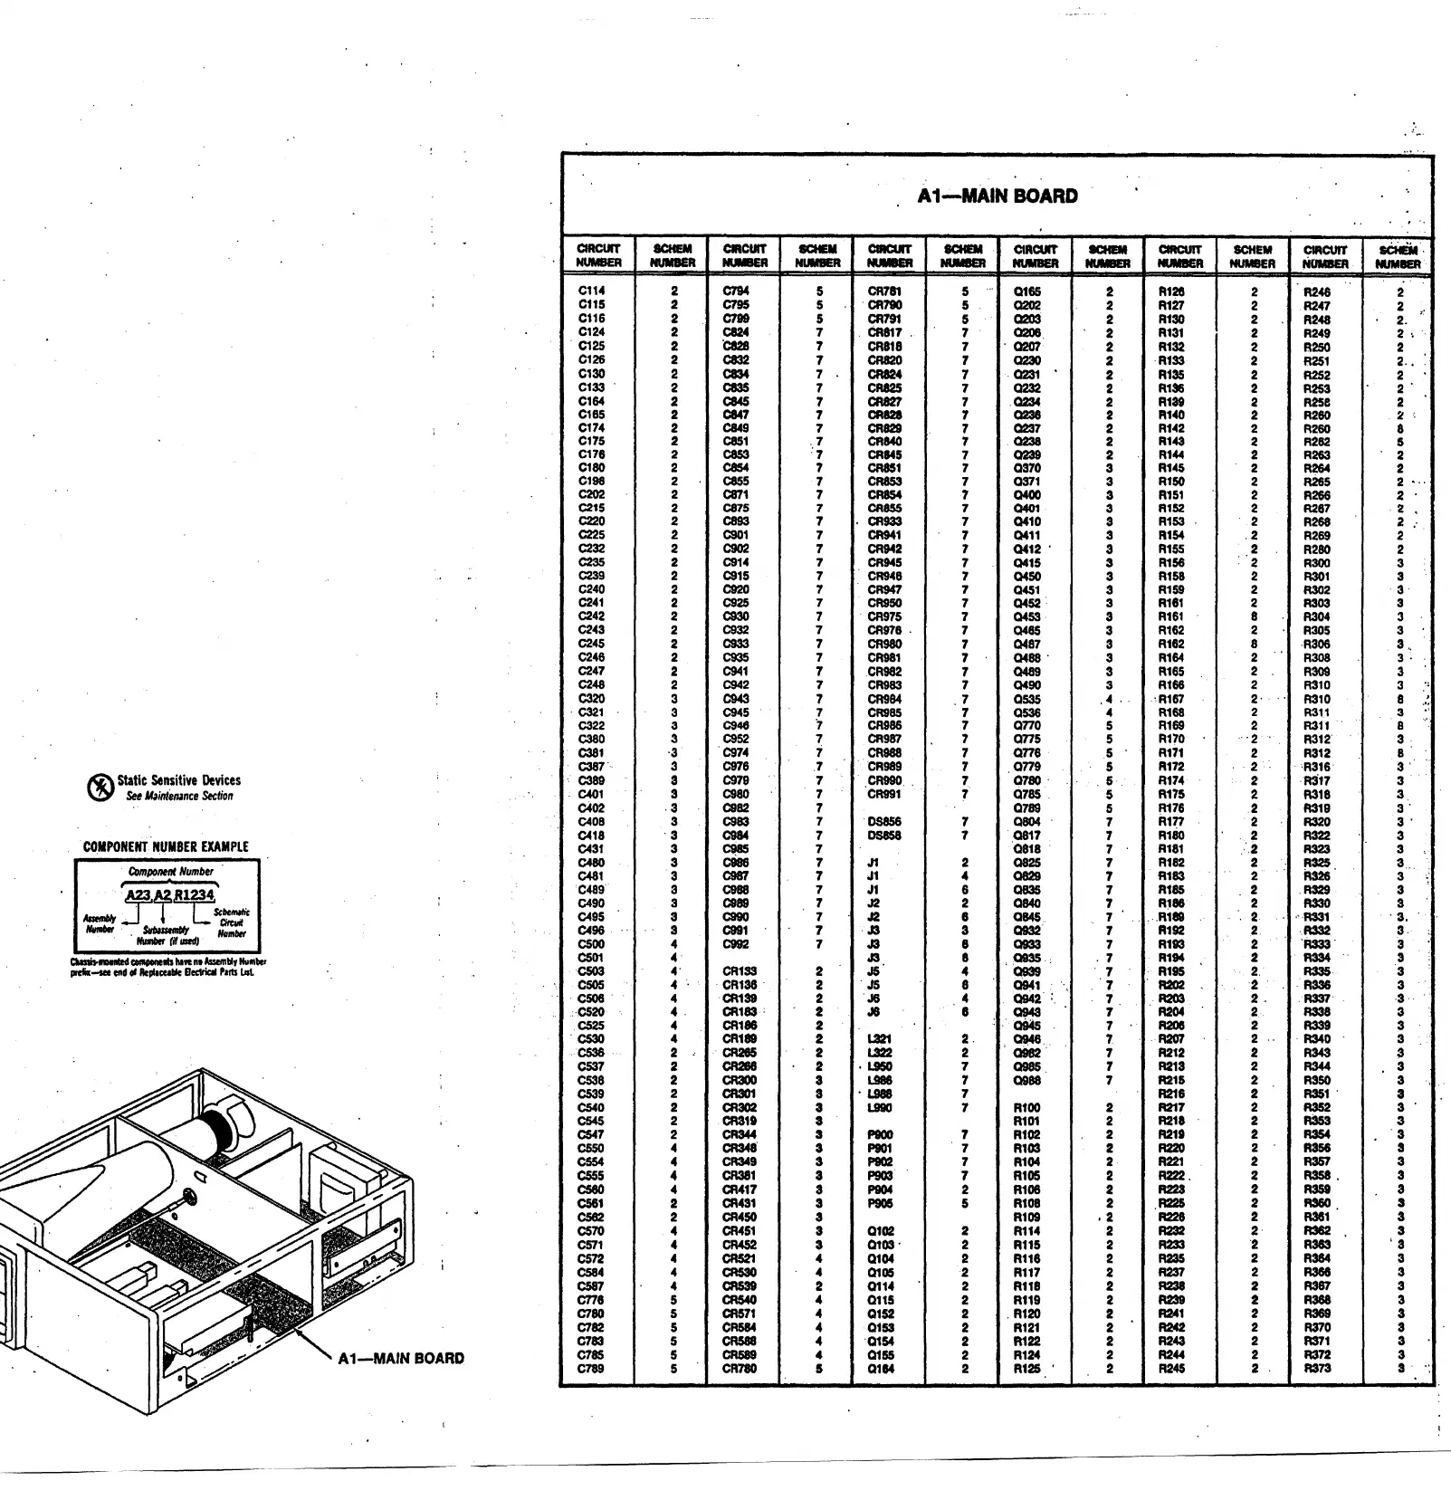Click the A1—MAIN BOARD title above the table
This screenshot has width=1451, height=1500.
tap(997, 196)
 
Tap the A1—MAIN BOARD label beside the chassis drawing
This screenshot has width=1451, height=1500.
tap(400, 1358)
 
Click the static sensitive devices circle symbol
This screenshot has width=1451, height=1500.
tap(100, 788)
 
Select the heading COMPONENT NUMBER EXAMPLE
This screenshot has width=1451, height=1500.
tap(166, 846)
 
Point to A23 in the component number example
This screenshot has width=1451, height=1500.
tap(138, 894)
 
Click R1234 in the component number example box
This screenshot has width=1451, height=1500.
tap(195, 894)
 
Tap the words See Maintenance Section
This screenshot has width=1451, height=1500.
tap(179, 796)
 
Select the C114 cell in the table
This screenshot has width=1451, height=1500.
tap(591, 291)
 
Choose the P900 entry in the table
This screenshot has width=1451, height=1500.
tap(880, 1134)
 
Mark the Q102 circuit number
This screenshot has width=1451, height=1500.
tap(881, 1231)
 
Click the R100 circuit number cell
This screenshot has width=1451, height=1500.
tap(1026, 1107)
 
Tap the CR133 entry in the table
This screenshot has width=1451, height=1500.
tap(740, 971)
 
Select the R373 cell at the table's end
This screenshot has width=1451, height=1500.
tap(1317, 1368)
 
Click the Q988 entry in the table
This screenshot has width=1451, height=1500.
tap(1026, 1080)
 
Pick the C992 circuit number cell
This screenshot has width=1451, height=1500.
tap(736, 944)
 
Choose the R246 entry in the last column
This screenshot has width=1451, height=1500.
tap(1317, 292)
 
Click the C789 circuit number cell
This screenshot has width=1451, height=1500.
tap(591, 1368)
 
